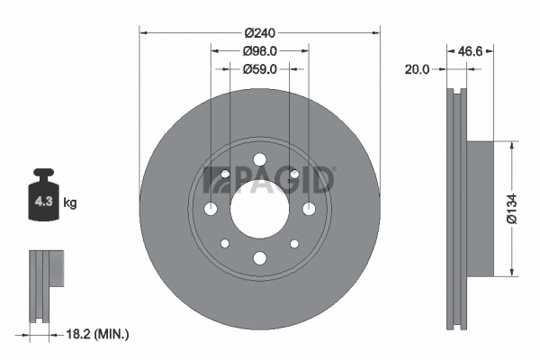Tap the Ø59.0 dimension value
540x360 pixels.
click(260, 68)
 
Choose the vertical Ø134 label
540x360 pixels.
click(511, 208)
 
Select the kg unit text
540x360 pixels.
click(70, 203)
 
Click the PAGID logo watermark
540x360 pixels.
click(270, 180)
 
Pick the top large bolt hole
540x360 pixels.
click(260, 159)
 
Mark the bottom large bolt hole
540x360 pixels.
click(260, 259)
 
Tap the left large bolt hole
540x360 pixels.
click(210, 209)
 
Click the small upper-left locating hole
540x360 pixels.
click(225, 175)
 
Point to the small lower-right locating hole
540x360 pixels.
click(294, 244)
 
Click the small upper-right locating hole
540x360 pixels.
click(294, 175)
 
